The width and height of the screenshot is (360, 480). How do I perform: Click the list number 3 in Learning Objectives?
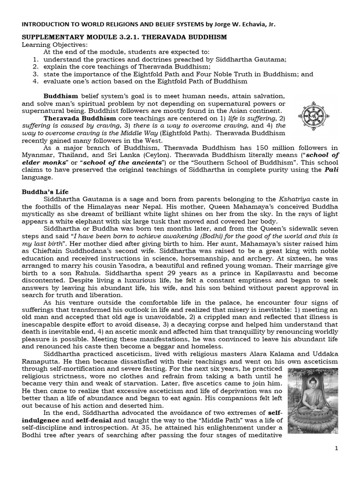point(36,74)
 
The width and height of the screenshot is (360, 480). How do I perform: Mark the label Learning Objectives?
point(55,44)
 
